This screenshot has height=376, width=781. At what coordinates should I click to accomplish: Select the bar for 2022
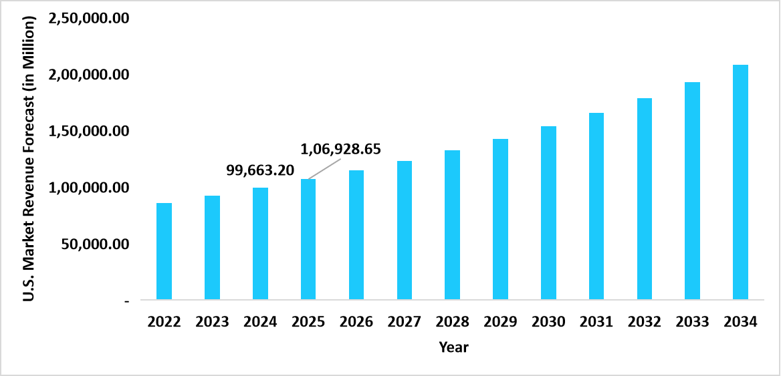164,251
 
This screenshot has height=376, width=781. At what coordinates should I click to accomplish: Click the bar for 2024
260,243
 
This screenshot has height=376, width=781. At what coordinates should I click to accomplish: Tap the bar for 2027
405,230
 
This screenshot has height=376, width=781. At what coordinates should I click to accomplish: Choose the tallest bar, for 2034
740,182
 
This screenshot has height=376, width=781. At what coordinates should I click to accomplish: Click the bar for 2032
645,198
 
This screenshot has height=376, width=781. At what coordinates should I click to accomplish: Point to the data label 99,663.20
260,170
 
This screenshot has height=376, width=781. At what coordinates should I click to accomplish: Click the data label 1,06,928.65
341,150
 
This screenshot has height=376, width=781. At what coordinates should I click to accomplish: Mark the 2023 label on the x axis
212,322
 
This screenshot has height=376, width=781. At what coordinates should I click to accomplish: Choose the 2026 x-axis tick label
356,322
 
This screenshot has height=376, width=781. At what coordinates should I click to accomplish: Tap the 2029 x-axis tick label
500,322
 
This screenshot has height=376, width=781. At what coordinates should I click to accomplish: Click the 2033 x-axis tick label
692,322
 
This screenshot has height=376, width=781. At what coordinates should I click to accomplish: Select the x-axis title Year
453,347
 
